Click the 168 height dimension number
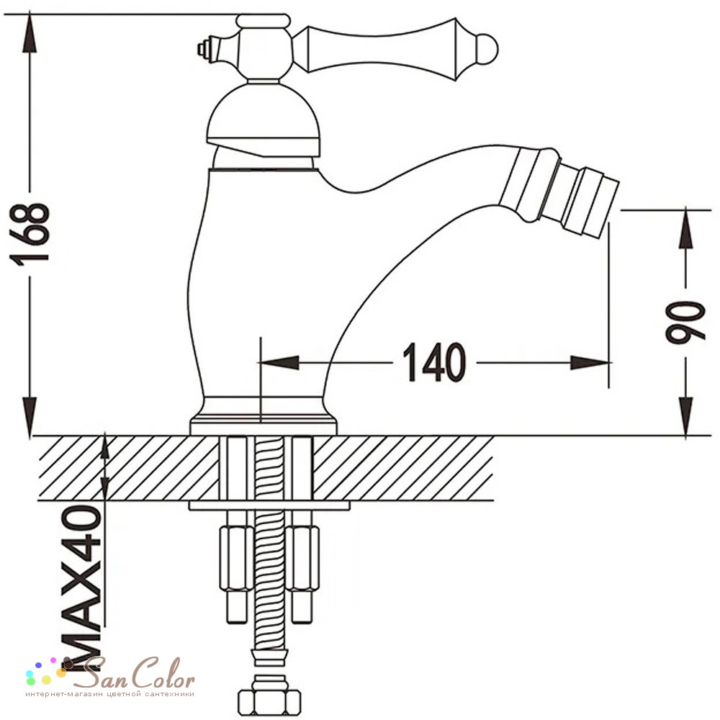(x=29, y=234)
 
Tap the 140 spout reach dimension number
(x=434, y=362)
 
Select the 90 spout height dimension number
(x=685, y=323)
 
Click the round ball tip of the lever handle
(x=487, y=49)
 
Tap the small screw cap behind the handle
(x=205, y=48)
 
